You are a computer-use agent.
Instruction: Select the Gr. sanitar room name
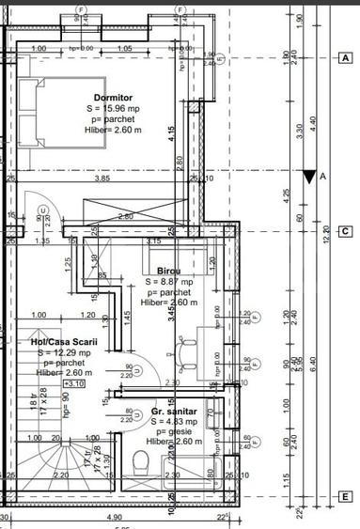[x=176, y=411]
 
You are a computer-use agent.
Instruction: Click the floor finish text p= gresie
[x=177, y=431]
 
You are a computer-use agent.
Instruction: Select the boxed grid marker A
[x=346, y=57]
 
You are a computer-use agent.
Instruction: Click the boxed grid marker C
[x=346, y=231]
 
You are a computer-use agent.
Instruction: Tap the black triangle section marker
[x=310, y=176]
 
